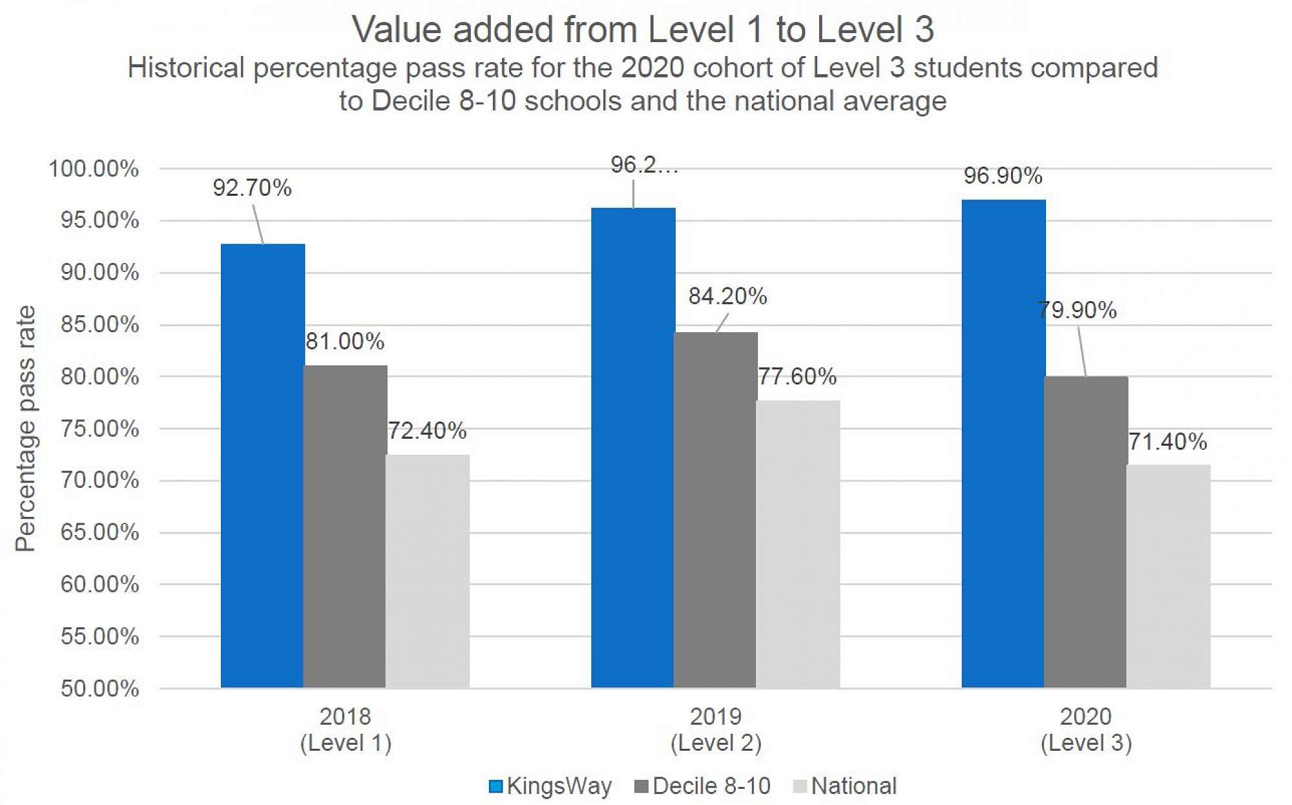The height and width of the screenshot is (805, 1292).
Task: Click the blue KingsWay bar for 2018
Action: pyautogui.click(x=262, y=465)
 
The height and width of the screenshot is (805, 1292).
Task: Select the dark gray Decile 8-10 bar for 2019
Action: pyautogui.click(x=715, y=510)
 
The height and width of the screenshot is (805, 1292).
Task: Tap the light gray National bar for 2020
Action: pyautogui.click(x=1168, y=575)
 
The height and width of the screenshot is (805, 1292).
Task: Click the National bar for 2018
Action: pyautogui.click(x=427, y=571)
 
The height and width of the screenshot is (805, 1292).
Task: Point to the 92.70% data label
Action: pyautogui.click(x=252, y=188)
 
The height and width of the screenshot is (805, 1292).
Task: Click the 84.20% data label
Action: pyautogui.click(x=727, y=297)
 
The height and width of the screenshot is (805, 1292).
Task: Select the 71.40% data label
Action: pyautogui.click(x=1167, y=442)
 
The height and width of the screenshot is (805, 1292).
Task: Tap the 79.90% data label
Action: pyautogui.click(x=1077, y=310)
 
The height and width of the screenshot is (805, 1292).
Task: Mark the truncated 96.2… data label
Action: pyautogui.click(x=644, y=165)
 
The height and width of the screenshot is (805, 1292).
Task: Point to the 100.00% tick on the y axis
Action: pyautogui.click(x=94, y=169)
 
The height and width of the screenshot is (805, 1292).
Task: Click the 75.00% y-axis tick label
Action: pyautogui.click(x=99, y=429)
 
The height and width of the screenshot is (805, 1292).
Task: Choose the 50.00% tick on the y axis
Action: pyautogui.click(x=99, y=689)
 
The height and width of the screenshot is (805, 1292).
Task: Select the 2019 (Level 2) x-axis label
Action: pyautogui.click(x=716, y=729)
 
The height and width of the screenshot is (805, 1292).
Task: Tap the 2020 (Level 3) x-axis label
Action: pyautogui.click(x=1086, y=729)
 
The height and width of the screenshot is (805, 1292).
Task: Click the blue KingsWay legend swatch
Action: pyautogui.click(x=495, y=786)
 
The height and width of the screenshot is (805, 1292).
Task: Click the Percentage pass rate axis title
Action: pyautogui.click(x=26, y=428)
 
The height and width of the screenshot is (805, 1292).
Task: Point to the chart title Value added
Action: pyautogui.click(x=643, y=30)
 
